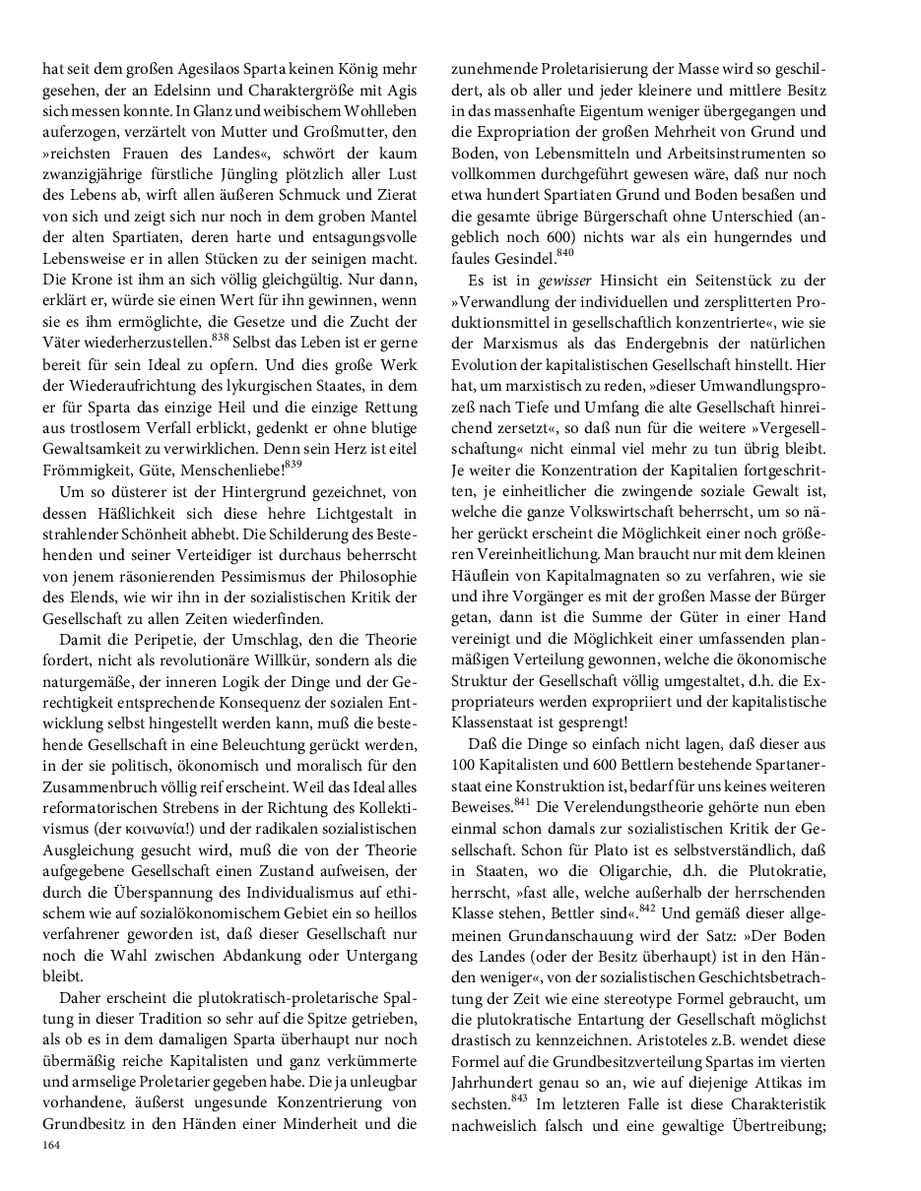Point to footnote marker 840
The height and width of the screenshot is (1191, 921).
pyautogui.click(x=564, y=254)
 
